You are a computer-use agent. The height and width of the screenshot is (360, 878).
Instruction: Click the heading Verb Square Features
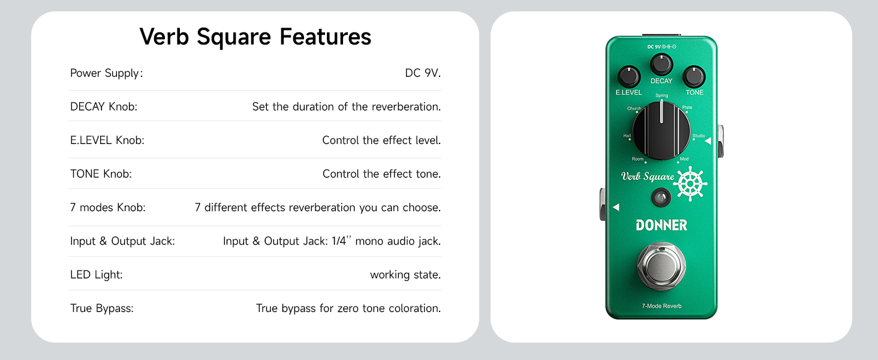(x=255, y=37)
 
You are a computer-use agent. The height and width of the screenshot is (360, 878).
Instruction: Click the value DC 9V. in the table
(x=423, y=73)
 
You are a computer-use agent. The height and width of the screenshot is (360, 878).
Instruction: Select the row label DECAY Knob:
(x=104, y=107)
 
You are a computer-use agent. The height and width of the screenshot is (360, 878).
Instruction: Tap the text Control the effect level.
(x=381, y=140)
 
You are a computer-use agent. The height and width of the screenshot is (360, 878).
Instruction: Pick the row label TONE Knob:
(x=101, y=174)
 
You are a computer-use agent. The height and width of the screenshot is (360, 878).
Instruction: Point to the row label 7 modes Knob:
(x=108, y=208)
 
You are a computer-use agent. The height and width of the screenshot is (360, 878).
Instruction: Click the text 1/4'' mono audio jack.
(x=386, y=241)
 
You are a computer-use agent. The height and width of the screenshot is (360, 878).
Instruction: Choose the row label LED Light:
(x=97, y=275)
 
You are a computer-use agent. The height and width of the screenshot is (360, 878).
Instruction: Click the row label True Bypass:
(x=102, y=308)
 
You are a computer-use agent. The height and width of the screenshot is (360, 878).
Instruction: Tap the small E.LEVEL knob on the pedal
(x=629, y=76)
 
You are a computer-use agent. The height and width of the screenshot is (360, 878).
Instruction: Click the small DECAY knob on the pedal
(x=661, y=65)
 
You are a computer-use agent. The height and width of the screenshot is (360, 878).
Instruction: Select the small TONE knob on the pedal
(x=694, y=76)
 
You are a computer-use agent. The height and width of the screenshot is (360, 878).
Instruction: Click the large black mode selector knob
(x=661, y=131)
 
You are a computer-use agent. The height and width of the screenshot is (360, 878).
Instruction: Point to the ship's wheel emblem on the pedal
(x=691, y=184)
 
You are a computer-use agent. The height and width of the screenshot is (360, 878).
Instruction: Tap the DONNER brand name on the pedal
(x=661, y=225)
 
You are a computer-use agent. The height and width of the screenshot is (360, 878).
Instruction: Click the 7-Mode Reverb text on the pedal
(x=661, y=306)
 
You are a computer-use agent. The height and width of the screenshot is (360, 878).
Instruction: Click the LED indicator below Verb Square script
(x=661, y=197)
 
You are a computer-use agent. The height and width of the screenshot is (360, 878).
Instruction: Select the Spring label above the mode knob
(x=661, y=95)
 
